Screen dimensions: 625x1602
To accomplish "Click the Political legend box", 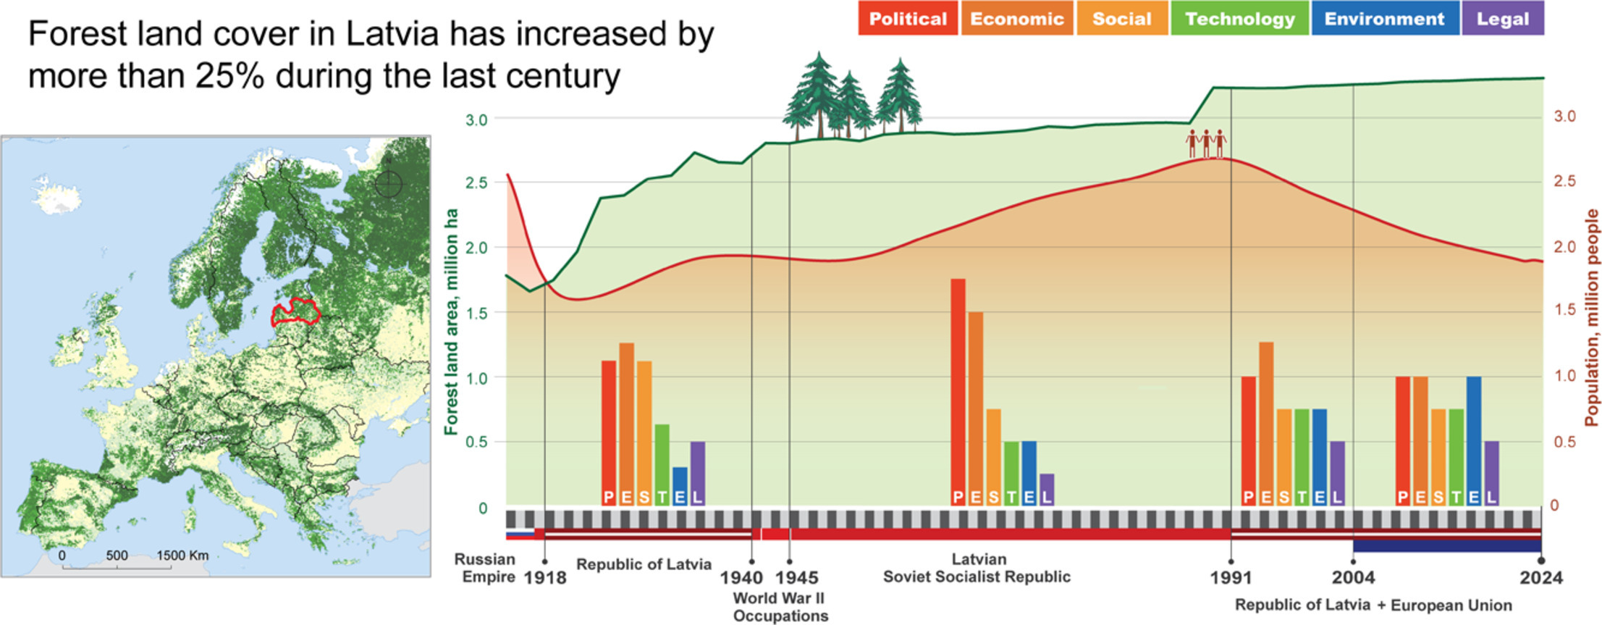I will [907, 19].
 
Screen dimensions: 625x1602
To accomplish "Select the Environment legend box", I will [1383, 19].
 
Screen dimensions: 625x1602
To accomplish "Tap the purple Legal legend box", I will [1502, 19].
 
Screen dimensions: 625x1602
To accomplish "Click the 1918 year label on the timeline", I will [544, 577].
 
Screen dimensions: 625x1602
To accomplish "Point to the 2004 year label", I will [1353, 577].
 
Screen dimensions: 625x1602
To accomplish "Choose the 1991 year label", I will [1231, 577].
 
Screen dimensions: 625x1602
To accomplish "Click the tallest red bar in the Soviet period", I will [958, 391].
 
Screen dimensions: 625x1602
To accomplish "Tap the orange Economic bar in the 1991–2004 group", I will [1266, 423].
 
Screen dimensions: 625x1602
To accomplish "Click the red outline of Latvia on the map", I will [295, 313].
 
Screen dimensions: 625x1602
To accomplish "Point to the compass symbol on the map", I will [388, 183].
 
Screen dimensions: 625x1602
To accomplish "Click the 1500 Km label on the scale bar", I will [182, 555].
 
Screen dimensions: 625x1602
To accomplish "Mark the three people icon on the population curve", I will [1206, 143].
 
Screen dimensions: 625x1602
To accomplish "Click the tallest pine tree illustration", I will [818, 94].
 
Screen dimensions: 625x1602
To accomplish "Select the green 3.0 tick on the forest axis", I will [476, 119].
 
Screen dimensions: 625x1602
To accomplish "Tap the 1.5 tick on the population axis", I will [1564, 309].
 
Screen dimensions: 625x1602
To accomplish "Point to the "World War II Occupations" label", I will [780, 607].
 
